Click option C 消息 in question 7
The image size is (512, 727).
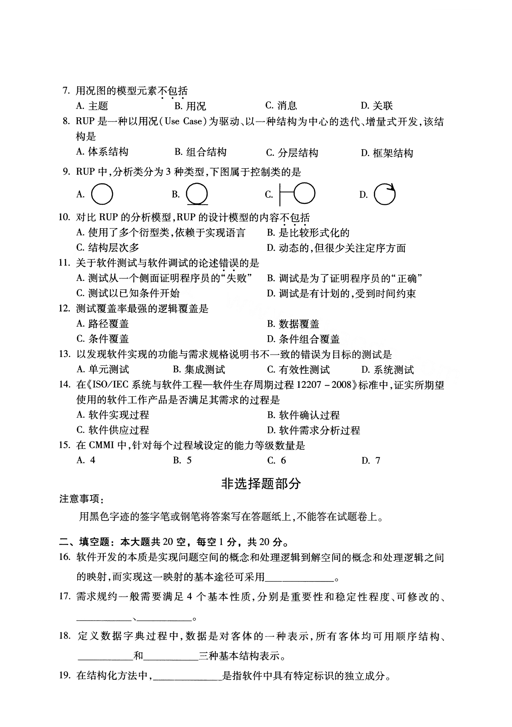(x=281, y=105)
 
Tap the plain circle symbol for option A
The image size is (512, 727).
(x=102, y=194)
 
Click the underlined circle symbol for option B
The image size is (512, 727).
(x=197, y=194)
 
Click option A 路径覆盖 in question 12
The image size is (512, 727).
(x=103, y=323)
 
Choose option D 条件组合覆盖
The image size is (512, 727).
(x=303, y=339)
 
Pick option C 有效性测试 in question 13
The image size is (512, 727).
(x=298, y=370)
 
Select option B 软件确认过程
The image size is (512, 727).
(x=303, y=415)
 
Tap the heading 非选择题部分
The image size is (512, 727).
(x=261, y=484)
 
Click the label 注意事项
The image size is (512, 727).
(x=80, y=499)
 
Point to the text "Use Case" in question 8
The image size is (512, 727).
(x=183, y=122)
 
